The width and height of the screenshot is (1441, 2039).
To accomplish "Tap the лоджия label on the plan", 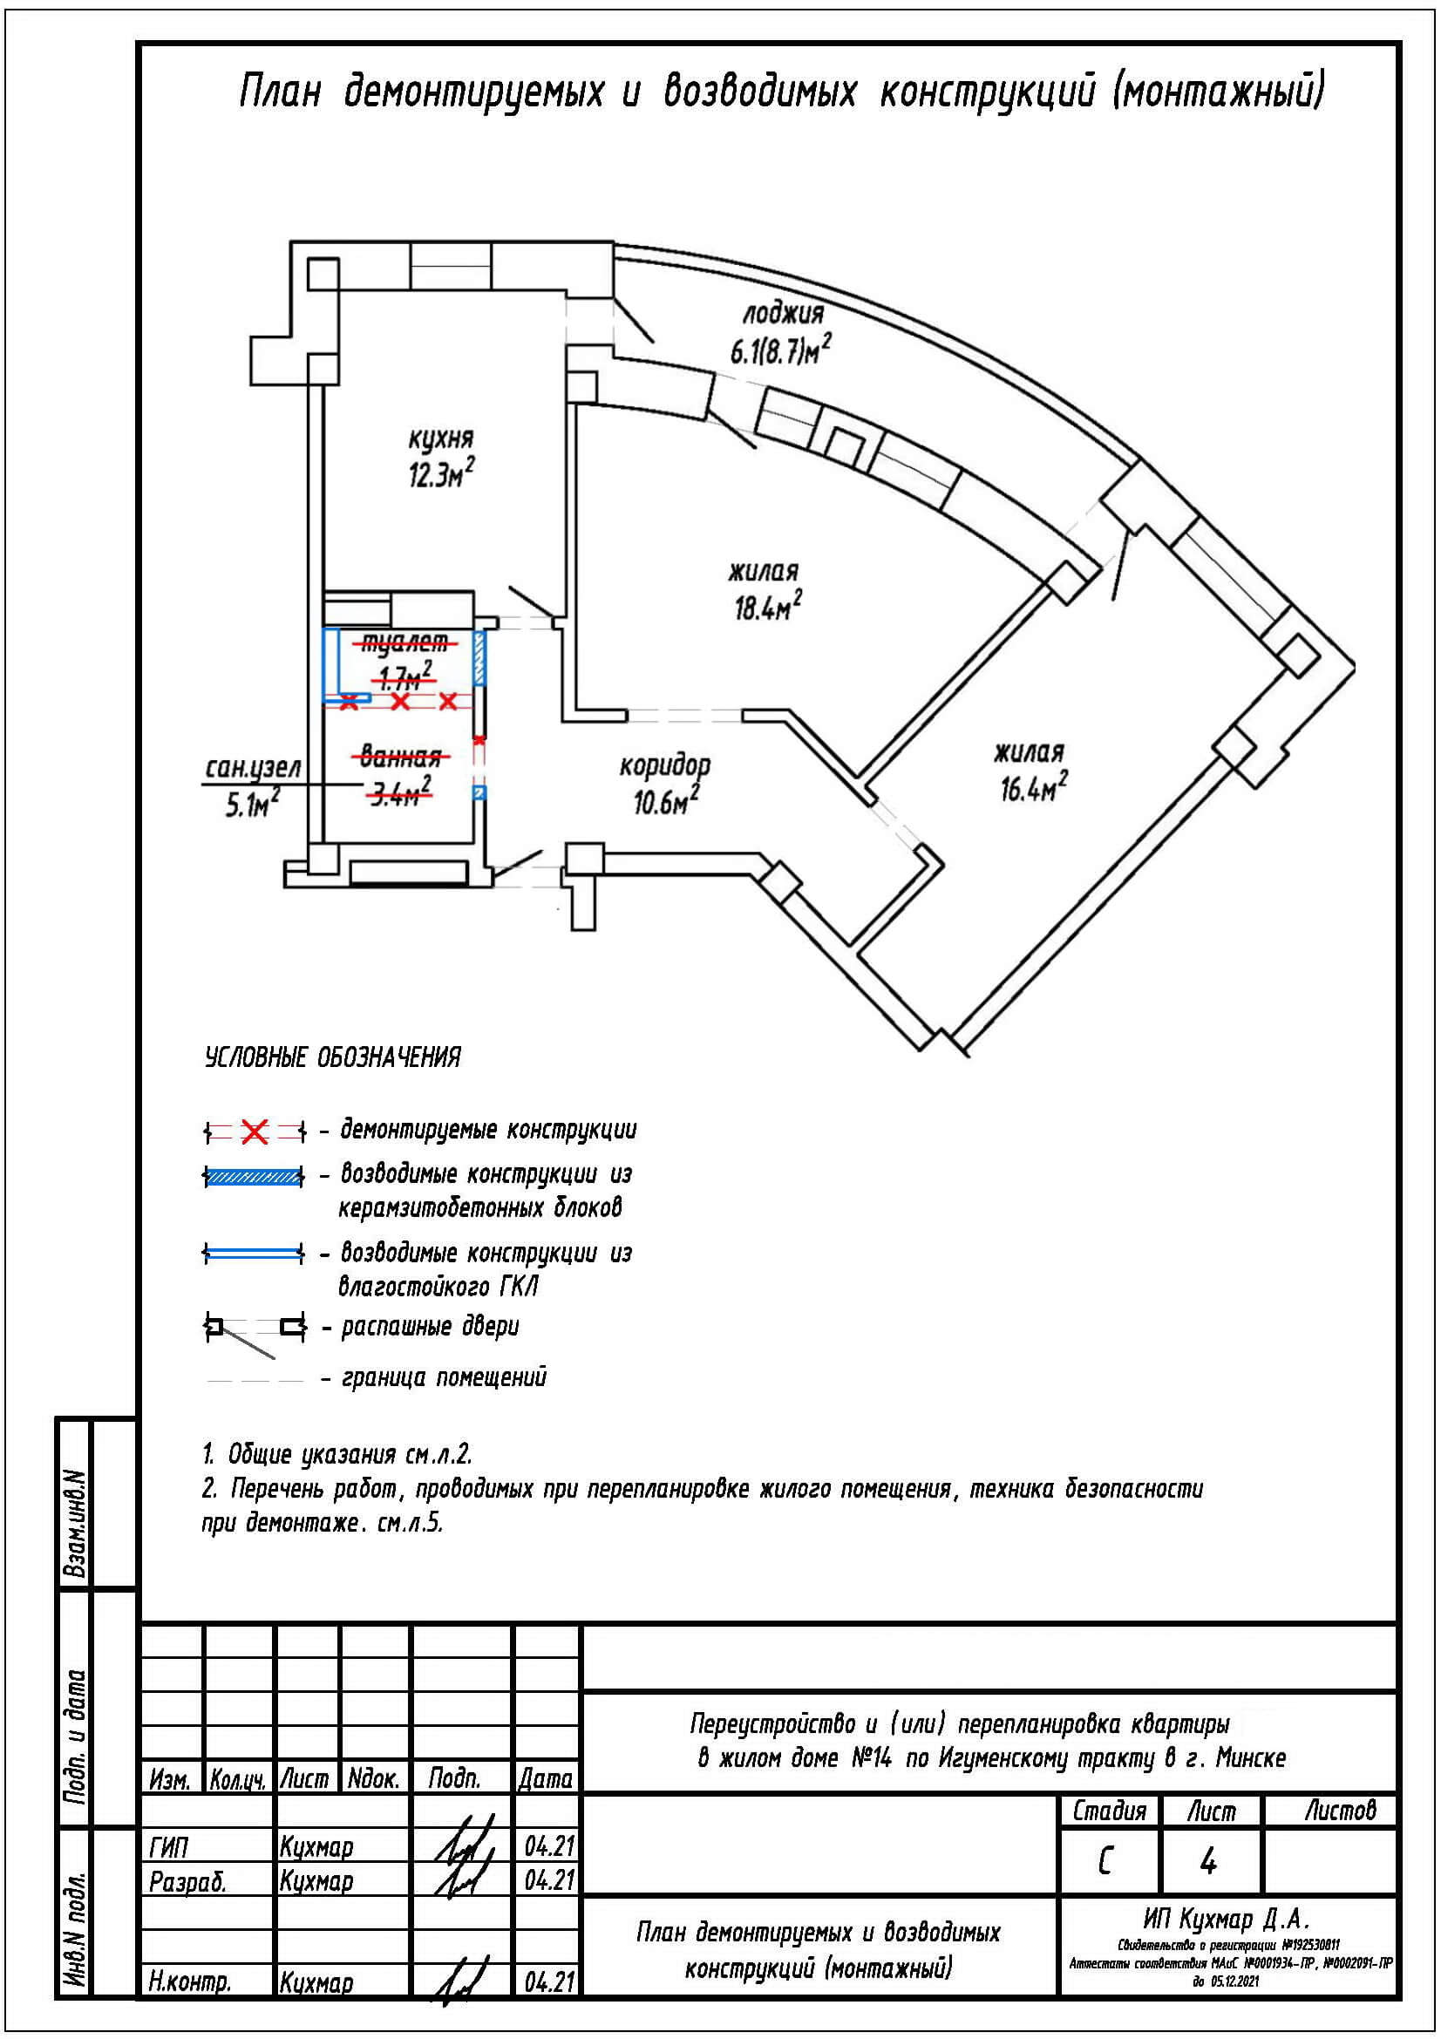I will (x=783, y=314).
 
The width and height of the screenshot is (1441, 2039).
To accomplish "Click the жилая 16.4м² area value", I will (x=1034, y=788).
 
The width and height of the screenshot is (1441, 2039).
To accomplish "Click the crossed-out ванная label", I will (x=401, y=757).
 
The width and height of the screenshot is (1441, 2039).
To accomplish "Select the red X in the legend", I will (x=255, y=1132).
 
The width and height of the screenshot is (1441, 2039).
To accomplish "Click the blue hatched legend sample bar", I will (x=253, y=1177).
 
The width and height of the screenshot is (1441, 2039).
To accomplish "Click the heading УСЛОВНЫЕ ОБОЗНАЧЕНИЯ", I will (x=333, y=1057).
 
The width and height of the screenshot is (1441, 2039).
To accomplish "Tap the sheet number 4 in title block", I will (x=1207, y=1862).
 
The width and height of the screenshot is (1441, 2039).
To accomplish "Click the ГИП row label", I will (x=170, y=1848).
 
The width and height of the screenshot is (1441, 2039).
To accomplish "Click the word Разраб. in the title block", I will (x=188, y=1881).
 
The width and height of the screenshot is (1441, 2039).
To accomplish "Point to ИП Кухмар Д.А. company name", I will (x=1227, y=1920).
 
